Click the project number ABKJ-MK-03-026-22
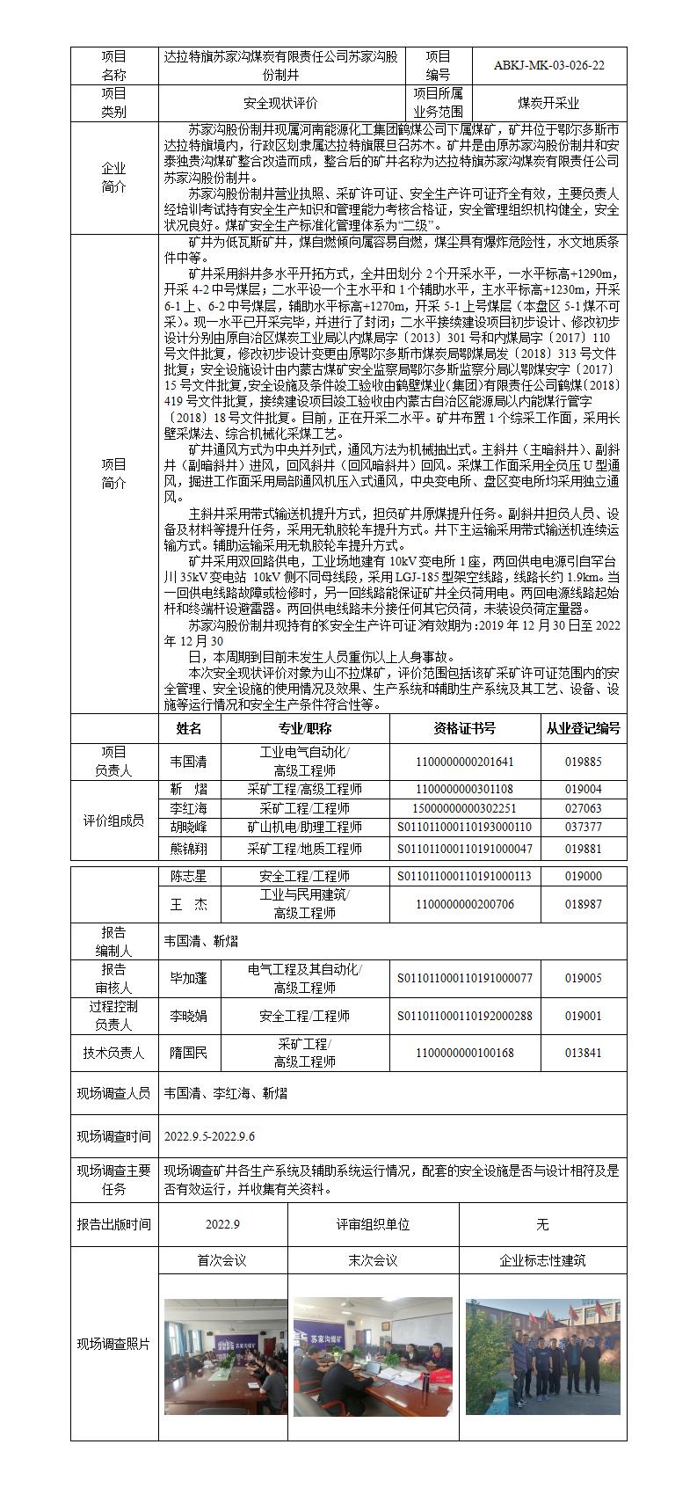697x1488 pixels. (x=548, y=65)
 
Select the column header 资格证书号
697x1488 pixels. (x=464, y=728)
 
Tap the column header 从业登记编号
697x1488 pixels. (x=583, y=728)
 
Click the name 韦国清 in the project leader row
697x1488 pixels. (x=189, y=762)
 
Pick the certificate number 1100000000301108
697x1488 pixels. (x=464, y=790)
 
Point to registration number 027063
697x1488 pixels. (x=583, y=808)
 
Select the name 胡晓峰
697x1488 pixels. (x=189, y=827)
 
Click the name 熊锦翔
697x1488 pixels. (x=189, y=849)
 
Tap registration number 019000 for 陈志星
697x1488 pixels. (x=583, y=876)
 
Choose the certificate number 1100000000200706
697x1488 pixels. (x=464, y=904)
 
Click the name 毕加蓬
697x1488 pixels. (x=189, y=978)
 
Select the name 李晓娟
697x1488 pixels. (x=189, y=1016)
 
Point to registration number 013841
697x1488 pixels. (x=583, y=1053)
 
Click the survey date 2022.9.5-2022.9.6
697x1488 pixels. (x=209, y=1137)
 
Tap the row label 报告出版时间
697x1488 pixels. (x=114, y=1224)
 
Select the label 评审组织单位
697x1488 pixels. (x=373, y=1224)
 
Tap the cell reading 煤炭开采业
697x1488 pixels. (x=548, y=103)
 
